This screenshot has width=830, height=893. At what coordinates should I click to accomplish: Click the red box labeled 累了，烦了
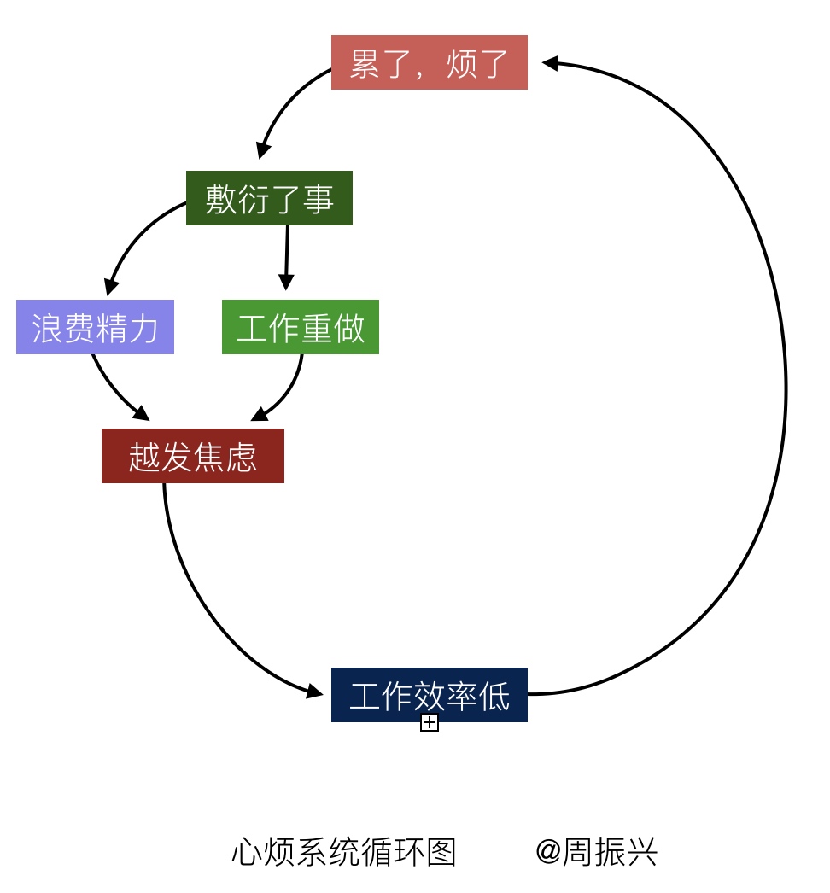[x=429, y=62]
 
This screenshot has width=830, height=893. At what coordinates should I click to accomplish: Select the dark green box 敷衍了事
[x=269, y=198]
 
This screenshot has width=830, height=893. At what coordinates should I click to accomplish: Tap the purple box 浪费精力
[x=95, y=327]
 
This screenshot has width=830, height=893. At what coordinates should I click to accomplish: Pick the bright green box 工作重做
[x=300, y=327]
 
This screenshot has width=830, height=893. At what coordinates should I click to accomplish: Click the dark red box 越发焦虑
[x=192, y=456]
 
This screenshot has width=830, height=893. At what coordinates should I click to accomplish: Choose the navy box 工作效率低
[x=429, y=695]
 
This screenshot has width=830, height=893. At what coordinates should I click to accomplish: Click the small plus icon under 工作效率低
[x=430, y=723]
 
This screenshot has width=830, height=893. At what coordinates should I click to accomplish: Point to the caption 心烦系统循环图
[x=344, y=852]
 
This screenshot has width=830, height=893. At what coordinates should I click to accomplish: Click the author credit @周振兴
[x=596, y=852]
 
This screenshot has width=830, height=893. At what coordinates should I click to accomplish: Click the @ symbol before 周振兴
[x=547, y=852]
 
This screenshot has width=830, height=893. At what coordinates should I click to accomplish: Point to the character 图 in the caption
[x=443, y=852]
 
